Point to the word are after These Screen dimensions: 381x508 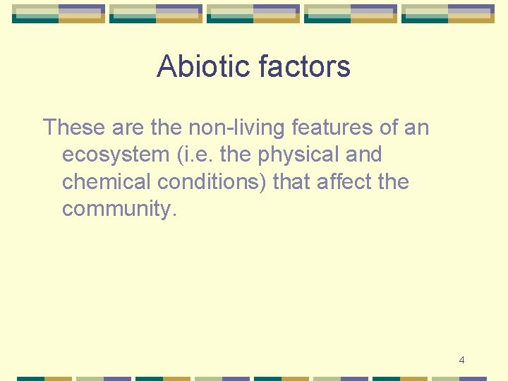(x=128, y=128)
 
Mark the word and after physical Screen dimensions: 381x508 (x=363, y=155)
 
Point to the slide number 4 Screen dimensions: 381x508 (x=461, y=361)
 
